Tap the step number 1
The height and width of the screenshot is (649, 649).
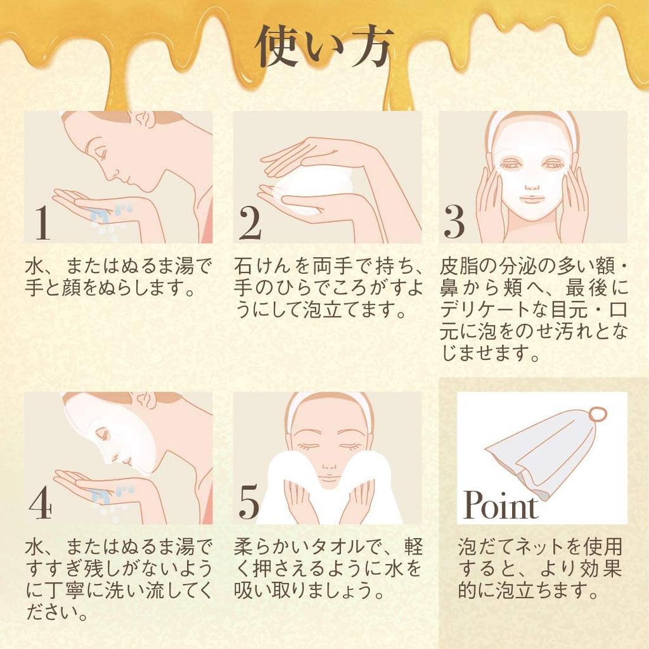[42, 223]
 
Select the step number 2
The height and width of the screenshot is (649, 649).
[250, 223]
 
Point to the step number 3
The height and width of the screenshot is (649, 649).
[454, 223]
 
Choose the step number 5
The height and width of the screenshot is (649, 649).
[249, 503]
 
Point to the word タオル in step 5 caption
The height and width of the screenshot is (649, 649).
[345, 546]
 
